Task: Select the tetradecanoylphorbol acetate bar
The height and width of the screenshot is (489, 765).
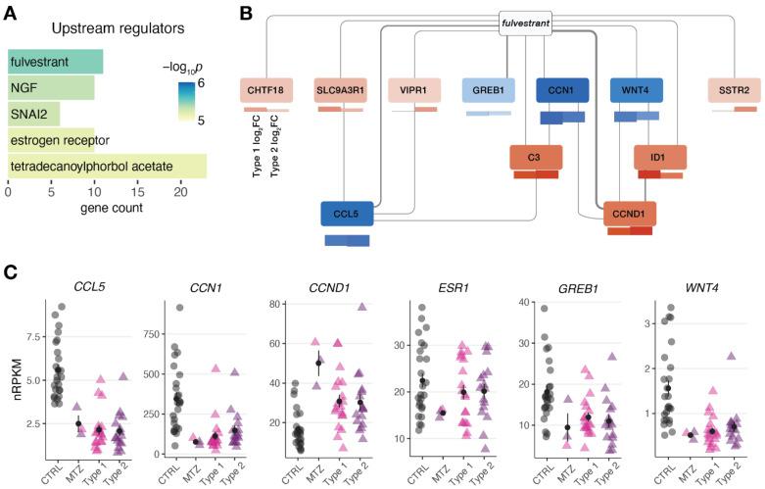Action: [x=107, y=168]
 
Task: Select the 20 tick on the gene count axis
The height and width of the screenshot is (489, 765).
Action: [x=180, y=192]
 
